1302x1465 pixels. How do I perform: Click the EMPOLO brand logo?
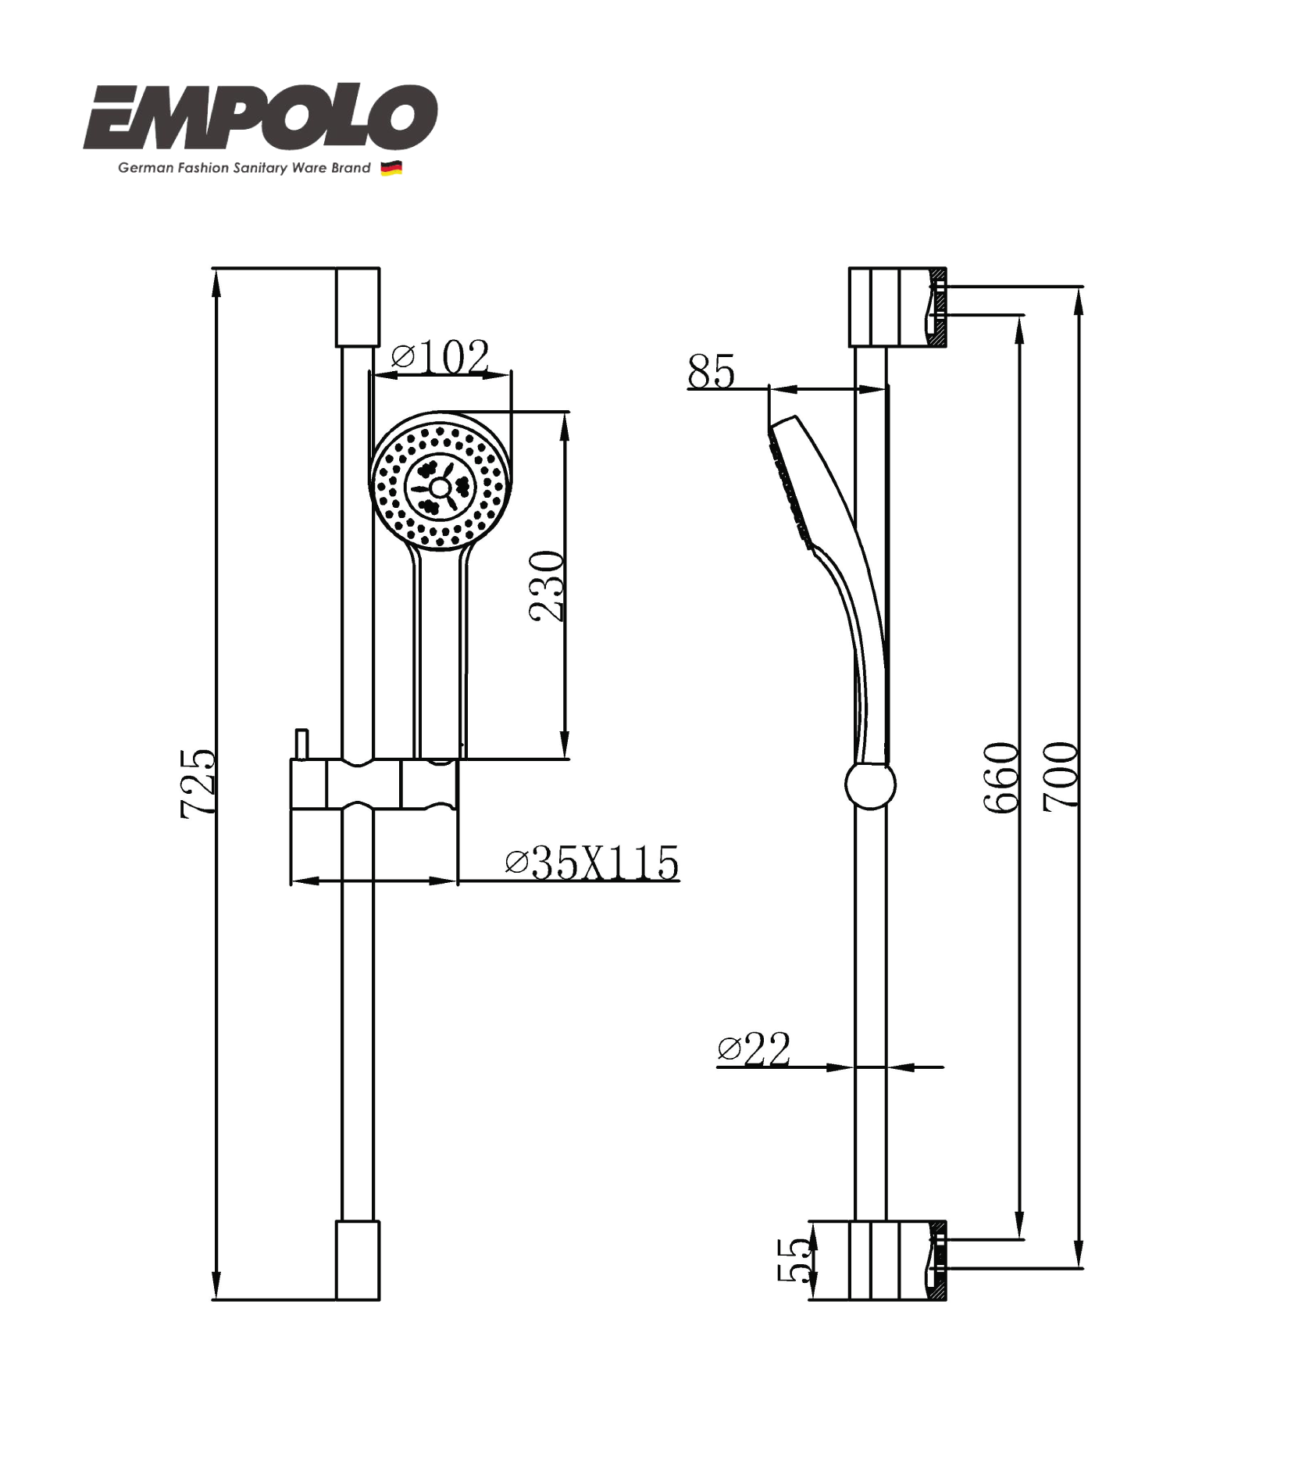click(x=260, y=119)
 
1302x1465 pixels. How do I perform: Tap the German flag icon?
click(x=391, y=168)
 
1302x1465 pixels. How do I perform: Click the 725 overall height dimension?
click(x=198, y=784)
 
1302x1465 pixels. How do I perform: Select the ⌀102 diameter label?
click(x=441, y=357)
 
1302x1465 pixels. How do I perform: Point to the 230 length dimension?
click(x=546, y=585)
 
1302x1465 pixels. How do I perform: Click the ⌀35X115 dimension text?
click(x=591, y=863)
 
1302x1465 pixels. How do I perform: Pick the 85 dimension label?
click(x=711, y=372)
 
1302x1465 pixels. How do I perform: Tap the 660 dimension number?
click(x=1002, y=777)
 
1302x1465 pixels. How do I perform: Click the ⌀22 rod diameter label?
click(x=754, y=1049)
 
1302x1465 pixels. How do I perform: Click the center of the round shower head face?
click(x=440, y=488)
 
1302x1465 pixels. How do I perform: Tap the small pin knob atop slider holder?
click(x=301, y=744)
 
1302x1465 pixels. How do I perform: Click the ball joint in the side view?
click(x=870, y=784)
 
